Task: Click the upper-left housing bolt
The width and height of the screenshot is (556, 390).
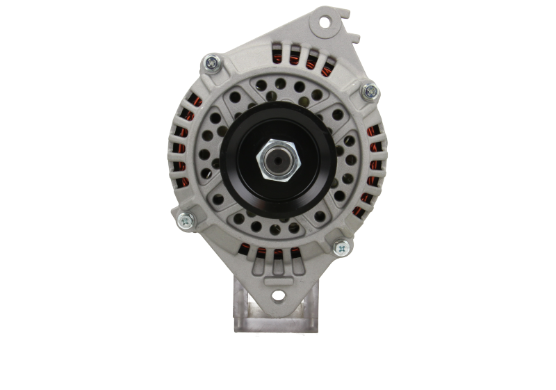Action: pos(209,64)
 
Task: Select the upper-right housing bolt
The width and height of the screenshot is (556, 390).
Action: pos(369,90)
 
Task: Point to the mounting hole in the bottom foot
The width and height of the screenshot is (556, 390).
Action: pos(277,295)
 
